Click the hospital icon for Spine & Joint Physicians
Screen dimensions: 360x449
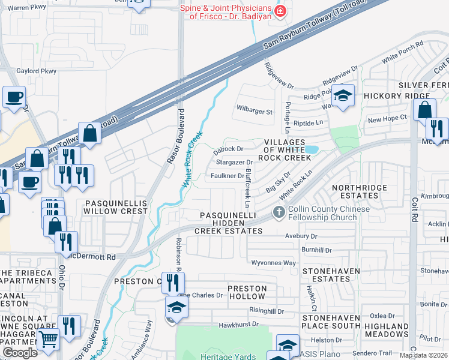[x=279, y=11]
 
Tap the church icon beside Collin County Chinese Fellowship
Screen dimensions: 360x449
[x=278, y=212]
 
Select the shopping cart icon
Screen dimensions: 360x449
[x=48, y=340]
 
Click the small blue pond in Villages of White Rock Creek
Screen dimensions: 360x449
[x=311, y=149]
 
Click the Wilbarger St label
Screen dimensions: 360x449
[x=255, y=112]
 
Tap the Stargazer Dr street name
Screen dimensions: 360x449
[x=234, y=162]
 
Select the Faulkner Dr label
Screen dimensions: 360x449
[x=228, y=175]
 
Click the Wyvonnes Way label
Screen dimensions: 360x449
[x=274, y=263]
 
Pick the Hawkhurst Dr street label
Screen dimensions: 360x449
[x=238, y=325]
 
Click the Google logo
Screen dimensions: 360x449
[x=20, y=353]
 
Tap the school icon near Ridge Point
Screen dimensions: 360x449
[x=343, y=95]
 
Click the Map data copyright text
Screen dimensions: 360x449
[x=423, y=355]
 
